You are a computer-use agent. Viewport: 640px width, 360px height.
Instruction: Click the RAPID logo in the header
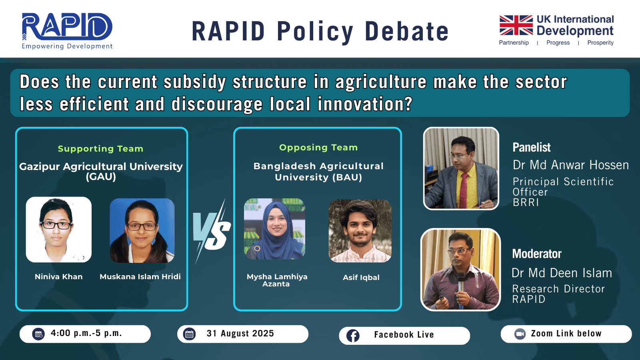pyautogui.click(x=67, y=31)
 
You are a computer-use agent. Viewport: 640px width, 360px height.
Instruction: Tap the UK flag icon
pyautogui.click(x=516, y=25)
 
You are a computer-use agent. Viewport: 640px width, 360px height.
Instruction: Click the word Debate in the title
pyautogui.click(x=406, y=31)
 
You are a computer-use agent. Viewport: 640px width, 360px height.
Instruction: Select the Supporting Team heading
pyautogui.click(x=100, y=148)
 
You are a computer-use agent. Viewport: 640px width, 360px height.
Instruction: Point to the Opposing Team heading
pyautogui.click(x=318, y=148)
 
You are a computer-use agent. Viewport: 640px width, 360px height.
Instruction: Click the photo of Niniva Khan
pyautogui.click(x=58, y=230)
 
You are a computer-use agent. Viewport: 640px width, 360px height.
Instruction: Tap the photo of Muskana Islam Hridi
pyautogui.click(x=142, y=230)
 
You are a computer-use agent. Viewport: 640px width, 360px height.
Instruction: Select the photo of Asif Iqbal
pyautogui.click(x=360, y=231)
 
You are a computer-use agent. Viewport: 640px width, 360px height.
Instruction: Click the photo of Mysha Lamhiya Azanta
pyautogui.click(x=274, y=229)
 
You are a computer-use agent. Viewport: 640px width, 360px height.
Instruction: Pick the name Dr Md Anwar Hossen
pyautogui.click(x=570, y=165)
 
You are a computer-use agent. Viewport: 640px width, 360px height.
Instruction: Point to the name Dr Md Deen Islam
pyautogui.click(x=562, y=273)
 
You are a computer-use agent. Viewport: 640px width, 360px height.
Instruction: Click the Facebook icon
pyautogui.click(x=353, y=336)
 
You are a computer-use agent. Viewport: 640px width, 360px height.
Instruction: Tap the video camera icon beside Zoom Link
pyautogui.click(x=520, y=334)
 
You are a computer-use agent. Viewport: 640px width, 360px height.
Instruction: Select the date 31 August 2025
pyautogui.click(x=240, y=334)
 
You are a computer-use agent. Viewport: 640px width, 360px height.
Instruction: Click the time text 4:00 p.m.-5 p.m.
pyautogui.click(x=86, y=333)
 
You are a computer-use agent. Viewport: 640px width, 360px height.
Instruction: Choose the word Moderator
pyautogui.click(x=536, y=254)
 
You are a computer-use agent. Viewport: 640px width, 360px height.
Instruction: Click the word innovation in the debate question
pyautogui.click(x=364, y=104)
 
